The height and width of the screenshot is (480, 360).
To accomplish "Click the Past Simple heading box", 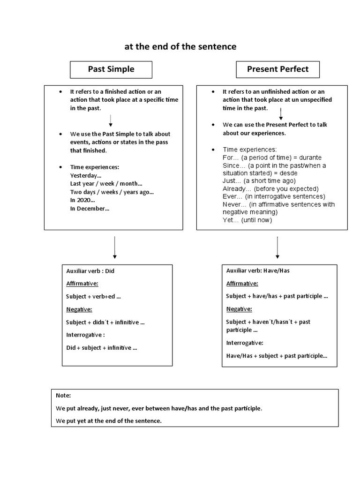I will (x=111, y=69).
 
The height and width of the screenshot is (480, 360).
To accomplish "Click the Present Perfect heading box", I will (x=277, y=69).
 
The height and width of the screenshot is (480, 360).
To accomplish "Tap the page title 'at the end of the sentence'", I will (x=180, y=47).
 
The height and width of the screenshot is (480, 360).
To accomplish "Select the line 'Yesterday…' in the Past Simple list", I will (x=86, y=175).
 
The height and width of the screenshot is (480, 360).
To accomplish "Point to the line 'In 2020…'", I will (x=83, y=200).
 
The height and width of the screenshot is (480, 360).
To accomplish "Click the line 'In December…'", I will (x=90, y=209).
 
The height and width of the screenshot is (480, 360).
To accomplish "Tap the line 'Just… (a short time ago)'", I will (x=259, y=181).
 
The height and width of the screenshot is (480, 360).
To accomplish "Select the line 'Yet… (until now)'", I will (x=247, y=220).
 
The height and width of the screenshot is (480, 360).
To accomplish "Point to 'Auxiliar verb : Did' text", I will (x=90, y=270).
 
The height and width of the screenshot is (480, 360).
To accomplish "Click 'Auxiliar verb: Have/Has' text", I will (x=261, y=270).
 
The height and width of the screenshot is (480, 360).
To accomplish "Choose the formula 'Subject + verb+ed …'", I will (x=94, y=296).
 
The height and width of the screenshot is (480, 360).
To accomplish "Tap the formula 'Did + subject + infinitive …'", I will (x=102, y=348).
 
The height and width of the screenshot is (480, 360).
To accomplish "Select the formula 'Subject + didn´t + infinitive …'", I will (x=105, y=322).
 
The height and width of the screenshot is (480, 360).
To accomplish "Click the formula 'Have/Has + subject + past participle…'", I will (x=277, y=356).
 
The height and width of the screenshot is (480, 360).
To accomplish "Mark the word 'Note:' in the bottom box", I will (x=63, y=396).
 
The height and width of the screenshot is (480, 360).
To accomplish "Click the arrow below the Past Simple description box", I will (x=115, y=247).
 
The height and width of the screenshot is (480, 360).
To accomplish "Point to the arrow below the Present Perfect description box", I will (x=277, y=247).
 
